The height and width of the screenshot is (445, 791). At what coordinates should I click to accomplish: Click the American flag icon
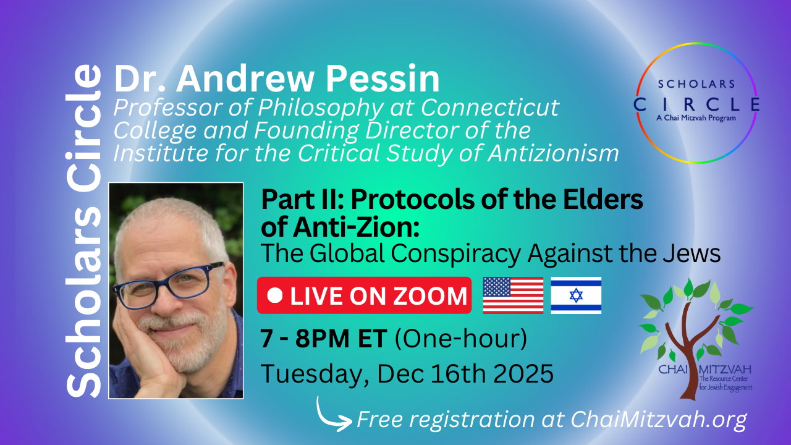(513, 295)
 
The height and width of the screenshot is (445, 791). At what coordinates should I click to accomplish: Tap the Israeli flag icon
(576, 295)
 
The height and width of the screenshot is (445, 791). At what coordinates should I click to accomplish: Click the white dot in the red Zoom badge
(275, 295)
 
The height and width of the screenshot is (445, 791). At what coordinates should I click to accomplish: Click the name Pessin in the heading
(383, 78)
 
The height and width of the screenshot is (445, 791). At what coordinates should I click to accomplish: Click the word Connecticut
(490, 108)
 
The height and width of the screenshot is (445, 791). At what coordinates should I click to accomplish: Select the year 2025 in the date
(523, 373)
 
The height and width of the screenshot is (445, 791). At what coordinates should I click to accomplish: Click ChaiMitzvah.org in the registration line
(659, 419)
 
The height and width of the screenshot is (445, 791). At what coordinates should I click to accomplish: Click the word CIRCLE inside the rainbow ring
(696, 104)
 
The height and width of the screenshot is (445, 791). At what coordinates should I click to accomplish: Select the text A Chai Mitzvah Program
(696, 118)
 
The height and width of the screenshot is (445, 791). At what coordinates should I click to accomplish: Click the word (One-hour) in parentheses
(460, 339)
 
